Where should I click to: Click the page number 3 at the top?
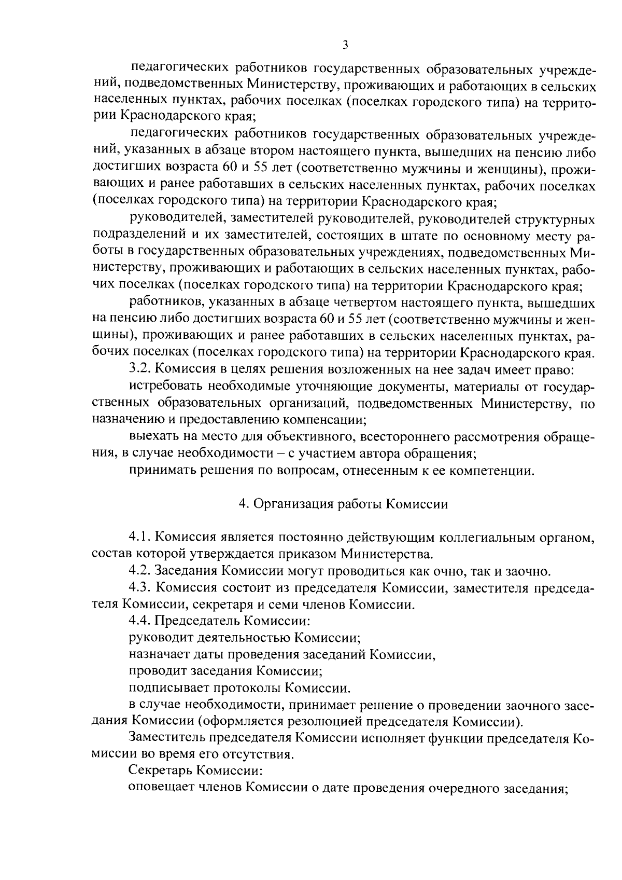(345, 46)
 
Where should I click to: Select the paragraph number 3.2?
(139, 370)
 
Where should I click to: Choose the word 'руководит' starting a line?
(158, 637)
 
